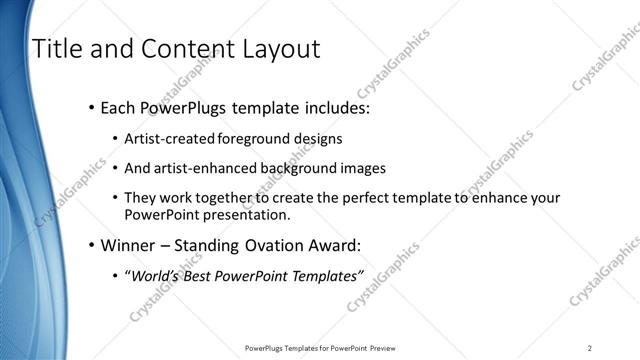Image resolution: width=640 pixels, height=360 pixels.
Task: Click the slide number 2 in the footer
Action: [x=590, y=347]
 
